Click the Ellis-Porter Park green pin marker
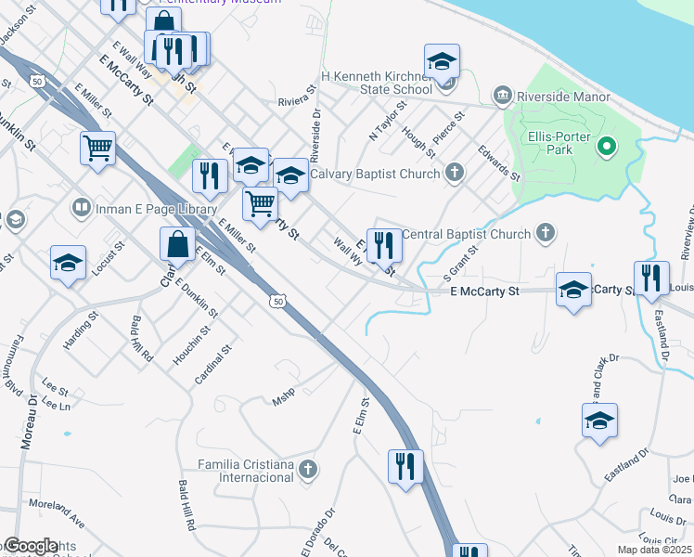pos(607,147)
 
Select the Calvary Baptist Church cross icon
pos(454,172)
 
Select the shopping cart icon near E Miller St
pos(97,148)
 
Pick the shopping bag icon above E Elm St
pos(177,245)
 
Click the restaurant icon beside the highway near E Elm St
pos(405,465)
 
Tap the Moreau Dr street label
pos(27,422)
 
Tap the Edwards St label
pos(499,162)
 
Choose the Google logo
pos(31,546)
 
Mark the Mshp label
pos(282,401)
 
